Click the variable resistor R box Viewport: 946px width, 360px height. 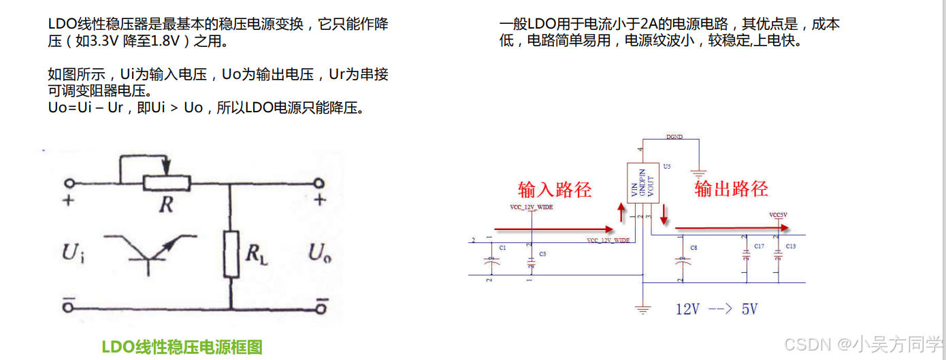(x=166, y=182)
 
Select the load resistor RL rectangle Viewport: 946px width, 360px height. (x=231, y=254)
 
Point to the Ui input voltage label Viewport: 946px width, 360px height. (x=73, y=253)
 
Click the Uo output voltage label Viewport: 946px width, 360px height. (x=319, y=253)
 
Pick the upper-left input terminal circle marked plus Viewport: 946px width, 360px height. (x=68, y=182)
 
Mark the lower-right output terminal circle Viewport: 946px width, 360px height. (x=320, y=308)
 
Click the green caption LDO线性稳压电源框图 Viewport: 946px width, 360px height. (x=182, y=347)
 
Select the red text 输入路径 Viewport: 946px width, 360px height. (x=555, y=189)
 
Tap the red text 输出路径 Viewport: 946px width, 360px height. (x=731, y=189)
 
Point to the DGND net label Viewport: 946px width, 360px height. (x=674, y=137)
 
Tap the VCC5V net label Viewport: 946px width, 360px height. (x=778, y=215)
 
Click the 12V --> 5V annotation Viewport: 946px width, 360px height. (x=716, y=310)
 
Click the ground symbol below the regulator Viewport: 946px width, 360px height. (x=642, y=310)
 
